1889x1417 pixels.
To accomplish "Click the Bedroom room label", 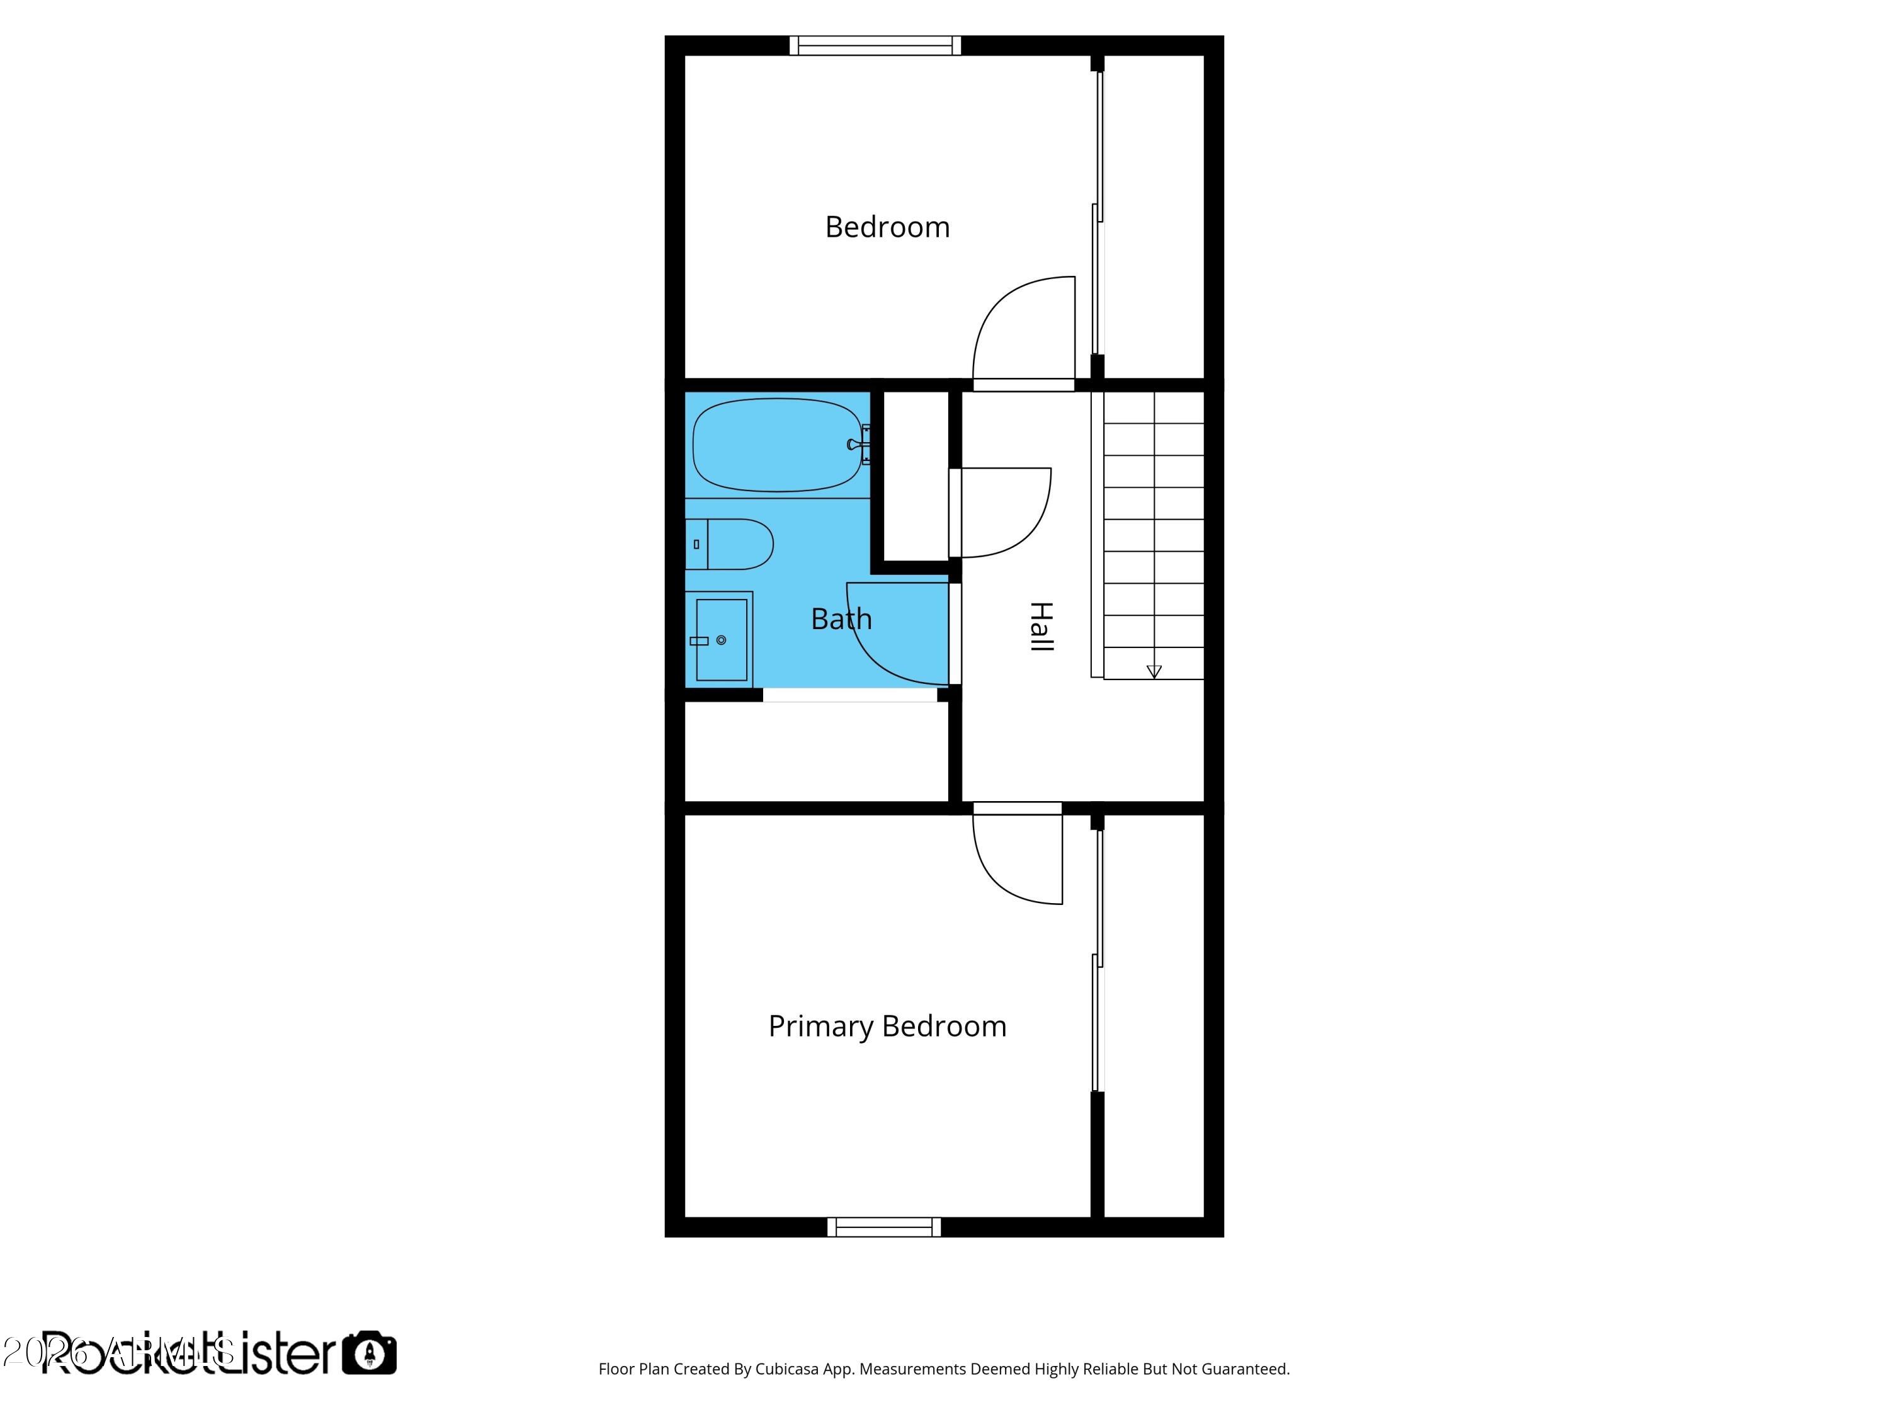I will pyautogui.click(x=887, y=227).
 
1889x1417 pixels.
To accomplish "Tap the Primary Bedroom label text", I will pyautogui.click(x=887, y=1026).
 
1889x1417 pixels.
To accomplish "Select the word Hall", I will pyautogui.click(x=1041, y=627).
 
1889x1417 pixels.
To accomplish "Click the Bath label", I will pyautogui.click(x=841, y=618).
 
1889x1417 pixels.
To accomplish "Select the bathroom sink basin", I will pyautogui.click(x=722, y=640).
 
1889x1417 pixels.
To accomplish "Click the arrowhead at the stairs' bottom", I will pyautogui.click(x=1154, y=671).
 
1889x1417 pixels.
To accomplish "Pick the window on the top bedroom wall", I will pyautogui.click(x=875, y=45).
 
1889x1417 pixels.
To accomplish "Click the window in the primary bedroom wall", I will pyautogui.click(x=884, y=1227).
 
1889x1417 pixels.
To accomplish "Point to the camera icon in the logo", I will pyautogui.click(x=370, y=1353).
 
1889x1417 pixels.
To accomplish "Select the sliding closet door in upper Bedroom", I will pyautogui.click(x=1098, y=213).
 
